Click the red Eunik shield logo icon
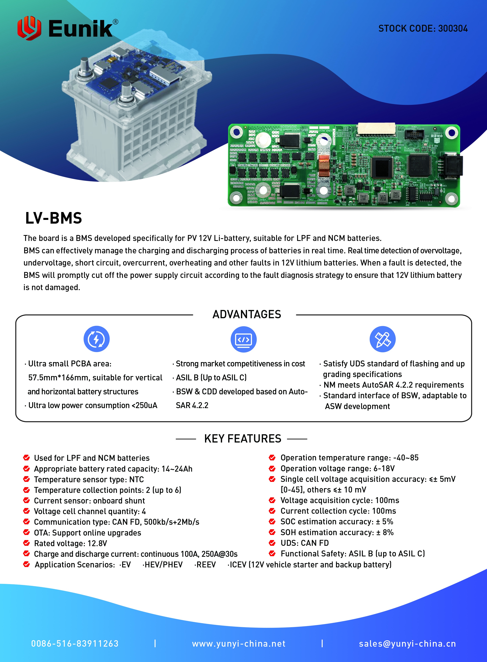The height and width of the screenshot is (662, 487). (29, 28)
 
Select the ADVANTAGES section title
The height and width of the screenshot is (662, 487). (247, 314)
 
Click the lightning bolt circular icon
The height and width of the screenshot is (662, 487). (96, 339)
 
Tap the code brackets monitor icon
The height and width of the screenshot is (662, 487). (243, 339)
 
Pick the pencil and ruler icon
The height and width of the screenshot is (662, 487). (382, 339)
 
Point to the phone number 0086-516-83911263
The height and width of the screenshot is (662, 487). (75, 644)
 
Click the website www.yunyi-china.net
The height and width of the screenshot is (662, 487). (239, 644)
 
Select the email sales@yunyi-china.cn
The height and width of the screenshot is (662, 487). (407, 644)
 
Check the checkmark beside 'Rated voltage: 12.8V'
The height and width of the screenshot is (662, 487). (27, 543)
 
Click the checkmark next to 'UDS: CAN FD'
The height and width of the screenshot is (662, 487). (272, 543)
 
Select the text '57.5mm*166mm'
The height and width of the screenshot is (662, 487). (58, 378)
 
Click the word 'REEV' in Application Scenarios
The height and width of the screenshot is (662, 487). (206, 565)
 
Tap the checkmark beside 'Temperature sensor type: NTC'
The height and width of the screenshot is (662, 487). (27, 479)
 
